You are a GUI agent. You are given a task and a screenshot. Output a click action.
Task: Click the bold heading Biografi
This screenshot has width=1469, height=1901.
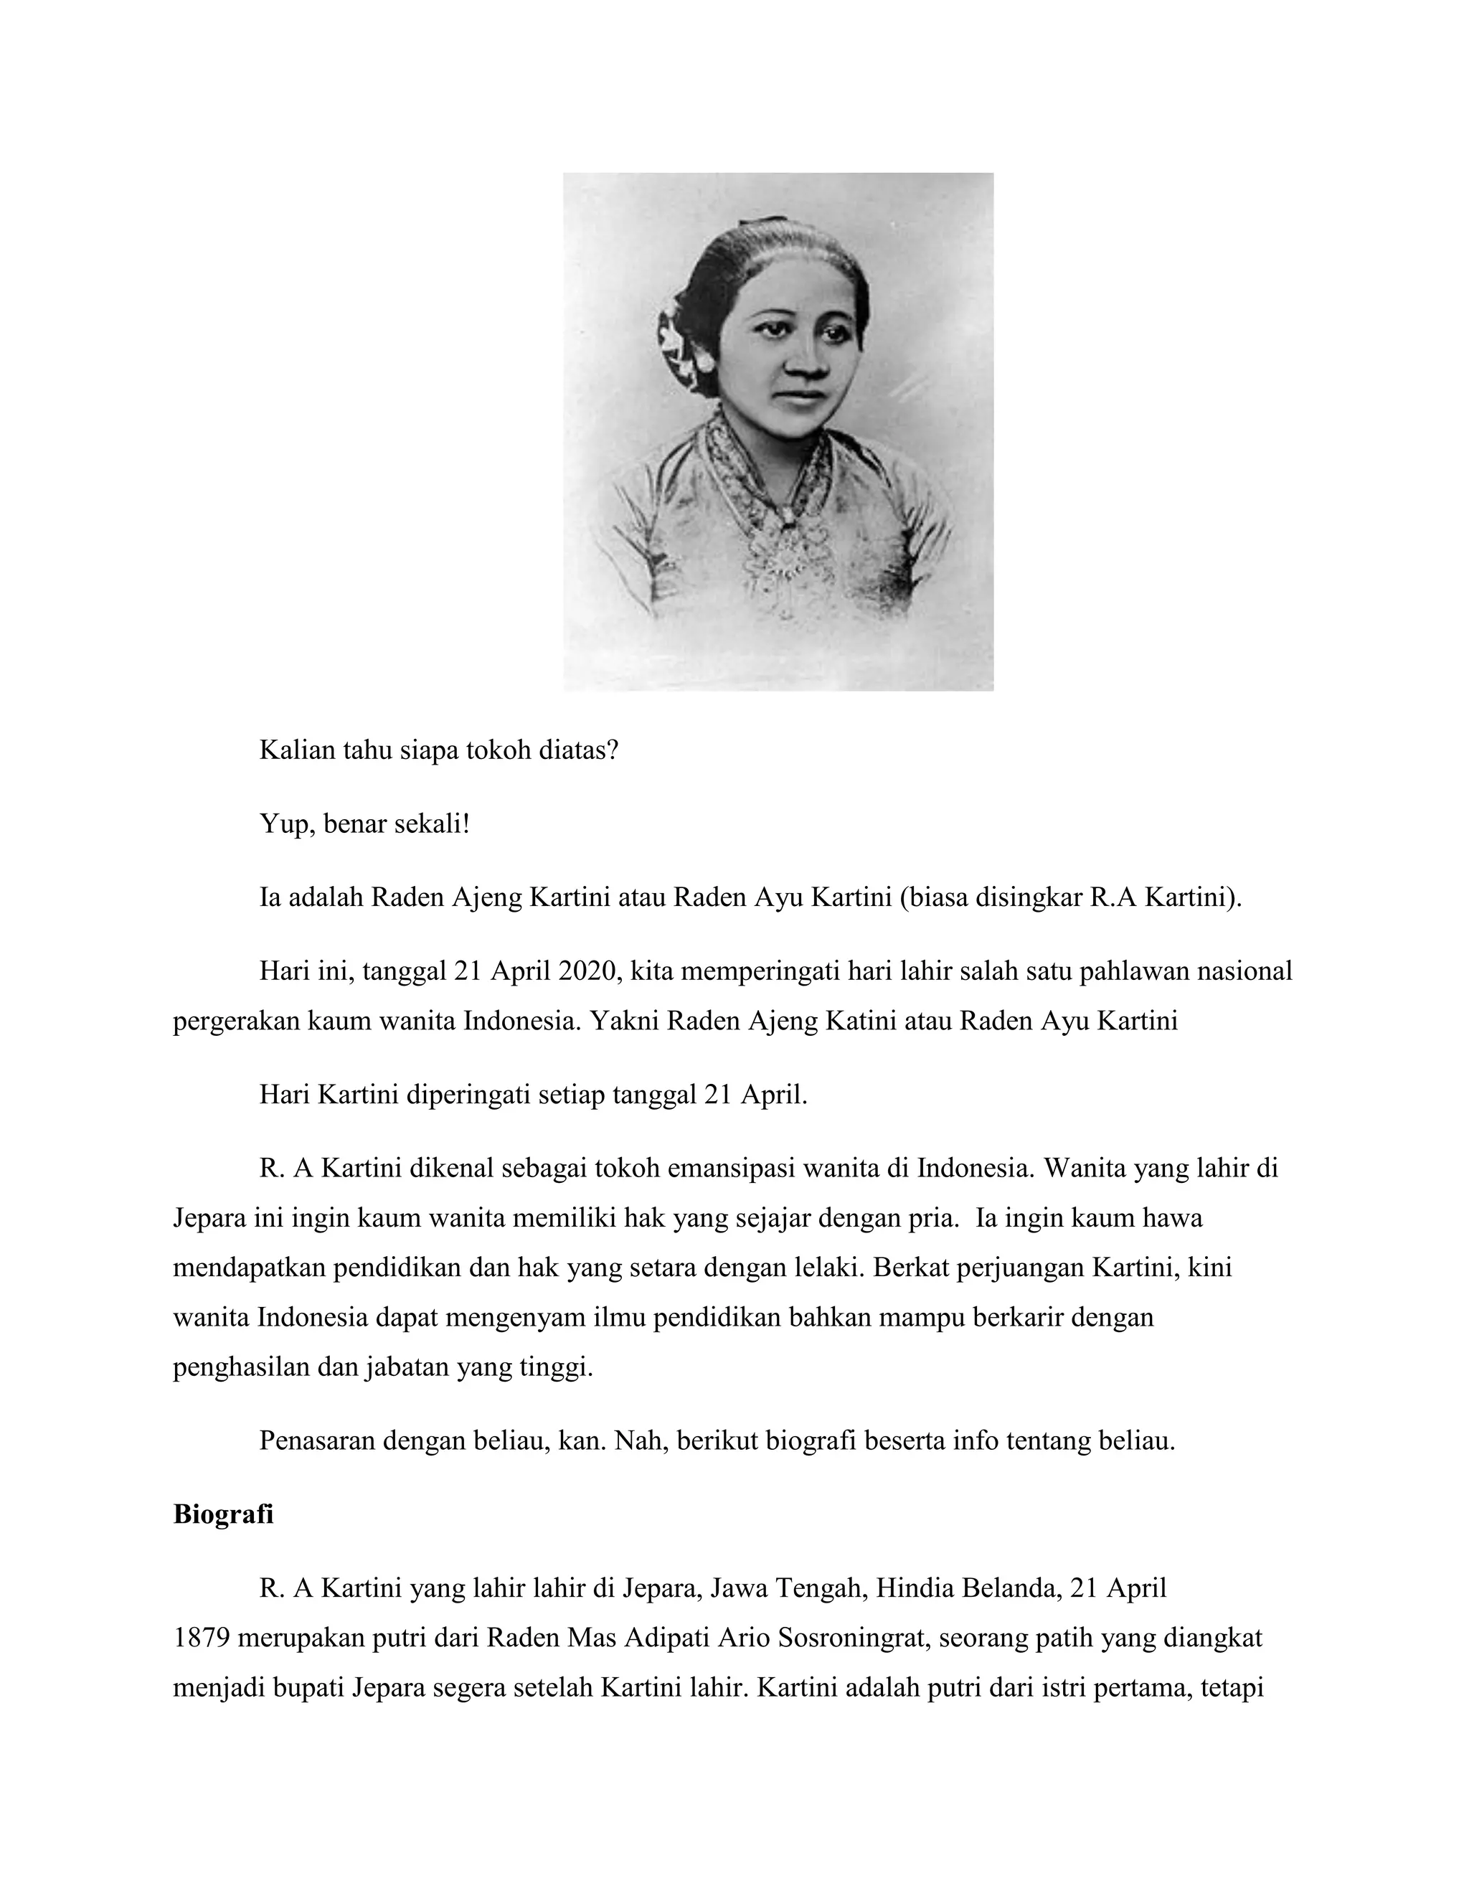pyautogui.click(x=223, y=1514)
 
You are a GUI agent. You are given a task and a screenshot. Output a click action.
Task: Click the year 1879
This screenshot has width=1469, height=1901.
pyautogui.click(x=201, y=1638)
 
